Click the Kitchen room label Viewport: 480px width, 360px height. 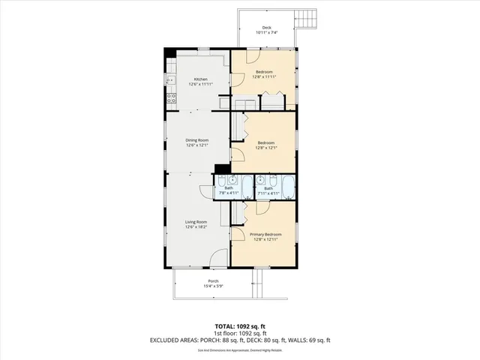tap(200, 79)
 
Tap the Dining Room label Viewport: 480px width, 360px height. tap(197, 140)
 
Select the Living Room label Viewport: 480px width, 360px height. tap(197, 221)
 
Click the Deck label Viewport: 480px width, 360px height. tap(267, 27)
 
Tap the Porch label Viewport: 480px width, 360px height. tap(214, 281)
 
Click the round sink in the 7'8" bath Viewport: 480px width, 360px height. tap(232, 180)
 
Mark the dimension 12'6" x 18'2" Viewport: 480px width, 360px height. tap(197, 226)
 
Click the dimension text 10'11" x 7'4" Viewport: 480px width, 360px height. tap(267, 32)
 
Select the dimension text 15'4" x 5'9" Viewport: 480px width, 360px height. tap(214, 286)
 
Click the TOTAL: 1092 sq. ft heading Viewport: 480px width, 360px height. tap(239, 326)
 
